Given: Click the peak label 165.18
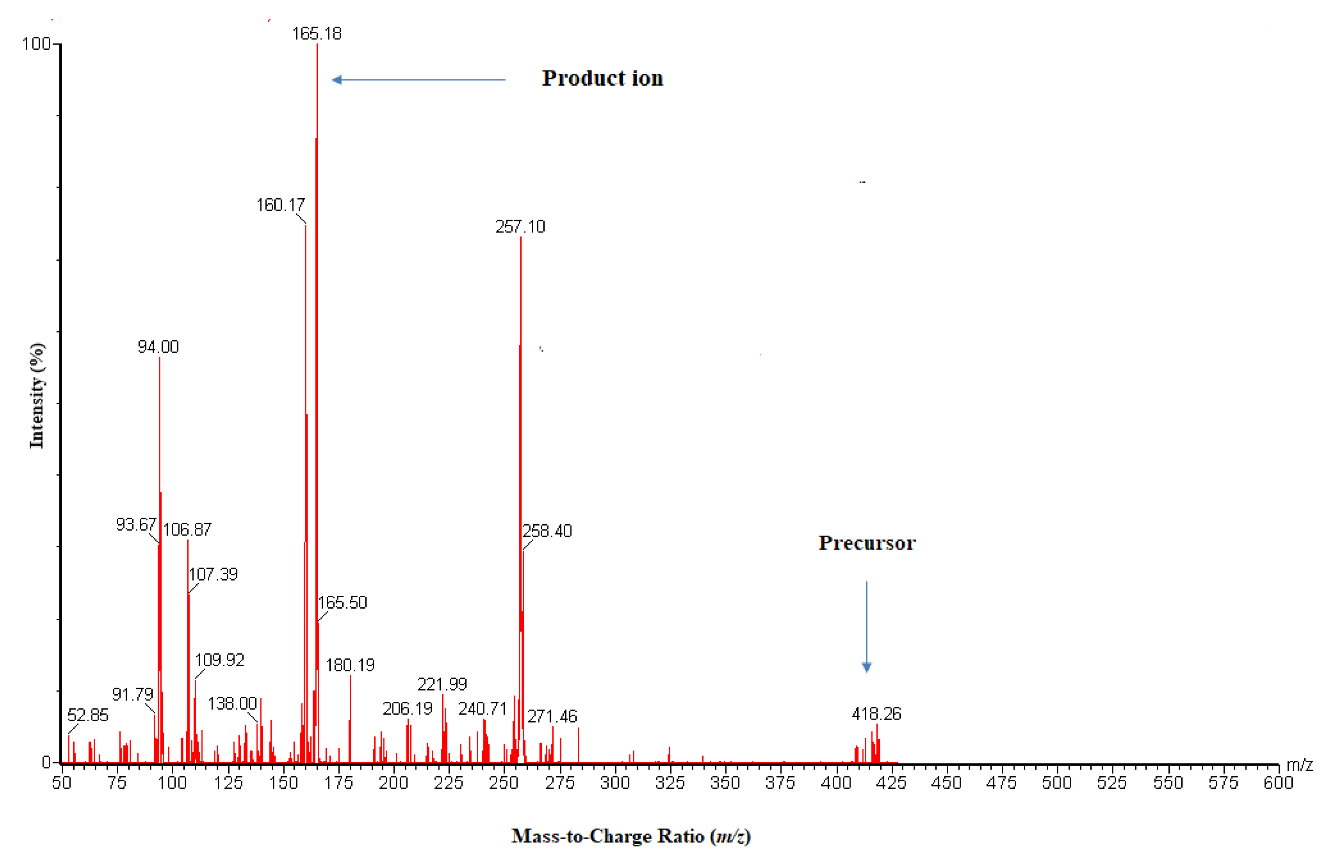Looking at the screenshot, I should tap(317, 34).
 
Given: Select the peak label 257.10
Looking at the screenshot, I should tap(520, 226).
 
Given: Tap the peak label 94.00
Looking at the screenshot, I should tap(158, 346).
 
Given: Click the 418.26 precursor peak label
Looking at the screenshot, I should tap(876, 714).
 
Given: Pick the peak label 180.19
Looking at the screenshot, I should tap(350, 665).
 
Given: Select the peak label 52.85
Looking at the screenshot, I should tap(88, 715).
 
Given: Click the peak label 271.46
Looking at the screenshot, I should tap(552, 716).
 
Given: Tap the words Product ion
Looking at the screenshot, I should tap(602, 78).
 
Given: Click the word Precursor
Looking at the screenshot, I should tap(867, 543).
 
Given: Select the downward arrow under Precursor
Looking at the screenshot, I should tap(867, 626).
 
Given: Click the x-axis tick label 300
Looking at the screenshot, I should tap(615, 783).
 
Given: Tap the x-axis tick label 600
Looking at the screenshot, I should tap(1278, 783).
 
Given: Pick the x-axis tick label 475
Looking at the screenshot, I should tap(1001, 783).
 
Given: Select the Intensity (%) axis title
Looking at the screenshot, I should tap(37, 395).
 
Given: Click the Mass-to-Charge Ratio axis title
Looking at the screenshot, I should tap(631, 837).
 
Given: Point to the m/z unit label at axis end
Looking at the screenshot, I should tap(1299, 764).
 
